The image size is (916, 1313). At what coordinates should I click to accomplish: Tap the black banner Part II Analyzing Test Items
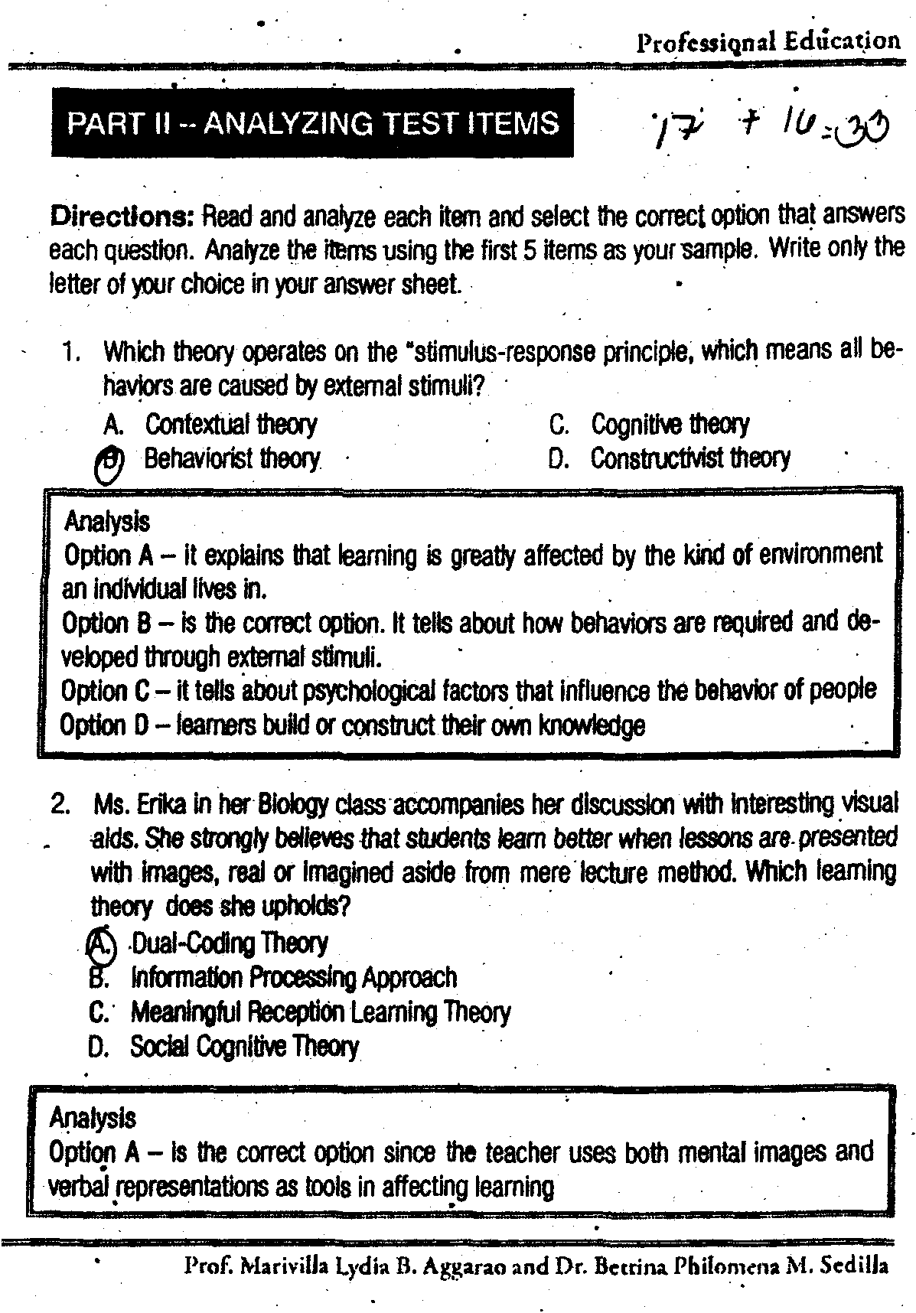tap(312, 123)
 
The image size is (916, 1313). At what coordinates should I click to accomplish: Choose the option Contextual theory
tap(230, 424)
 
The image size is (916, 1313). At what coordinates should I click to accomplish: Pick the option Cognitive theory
tap(670, 424)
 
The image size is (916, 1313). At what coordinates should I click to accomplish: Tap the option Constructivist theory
tap(689, 458)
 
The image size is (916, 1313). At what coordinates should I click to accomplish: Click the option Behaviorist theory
tap(232, 459)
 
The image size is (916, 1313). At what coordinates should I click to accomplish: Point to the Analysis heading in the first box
tap(106, 522)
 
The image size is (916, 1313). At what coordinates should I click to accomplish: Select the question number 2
tap(61, 805)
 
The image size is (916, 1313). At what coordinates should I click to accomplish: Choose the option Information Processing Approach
tap(294, 977)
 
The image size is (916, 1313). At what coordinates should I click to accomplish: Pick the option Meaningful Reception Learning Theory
tap(320, 1012)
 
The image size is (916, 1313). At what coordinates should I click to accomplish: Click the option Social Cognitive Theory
tap(244, 1046)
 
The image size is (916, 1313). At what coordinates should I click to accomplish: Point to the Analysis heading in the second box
tap(92, 1118)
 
